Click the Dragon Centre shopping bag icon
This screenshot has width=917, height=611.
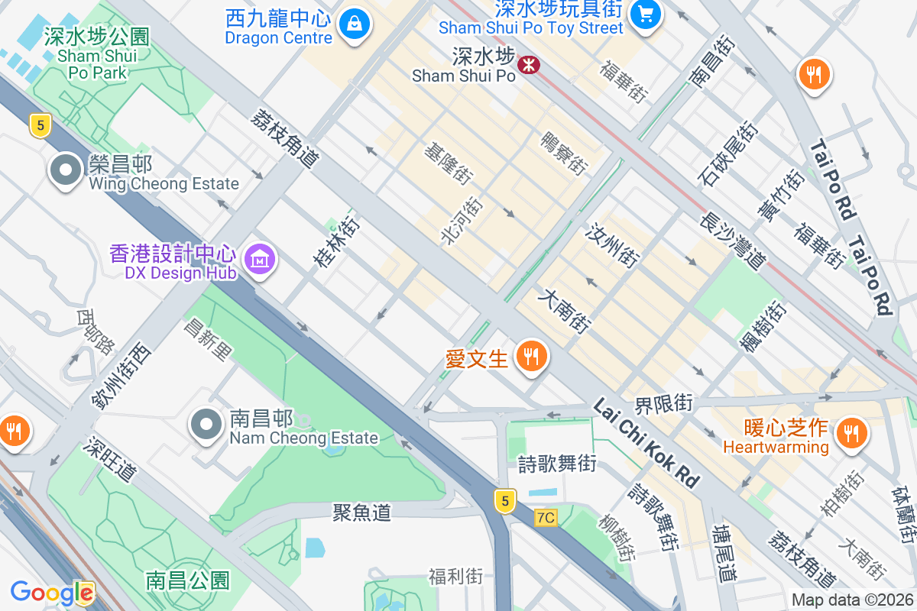coord(354,24)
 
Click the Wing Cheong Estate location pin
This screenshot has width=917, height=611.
coord(66,170)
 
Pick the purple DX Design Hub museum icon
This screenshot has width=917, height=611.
coord(261,260)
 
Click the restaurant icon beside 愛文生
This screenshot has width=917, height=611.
coord(530,356)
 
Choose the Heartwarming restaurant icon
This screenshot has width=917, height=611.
coord(850,433)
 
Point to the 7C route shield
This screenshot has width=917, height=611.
coord(546,517)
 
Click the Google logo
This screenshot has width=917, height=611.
coord(52,593)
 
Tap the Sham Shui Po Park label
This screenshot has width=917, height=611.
coord(97,54)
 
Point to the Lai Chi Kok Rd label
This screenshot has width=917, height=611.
coord(646,442)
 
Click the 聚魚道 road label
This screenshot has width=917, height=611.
coord(362,512)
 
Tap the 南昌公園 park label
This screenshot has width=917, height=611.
coord(188,580)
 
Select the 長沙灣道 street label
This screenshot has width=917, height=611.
coord(733,241)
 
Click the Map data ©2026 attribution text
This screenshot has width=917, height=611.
coord(852,600)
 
